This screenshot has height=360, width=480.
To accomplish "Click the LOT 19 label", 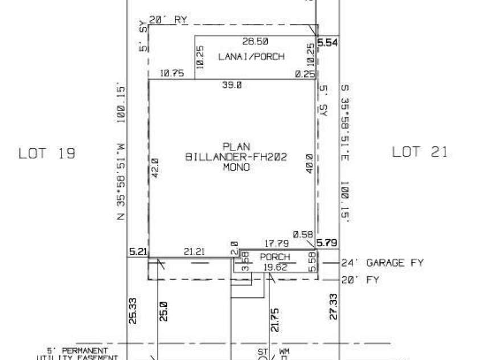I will click(47, 153).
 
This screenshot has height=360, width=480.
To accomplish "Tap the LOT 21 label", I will click(420, 152).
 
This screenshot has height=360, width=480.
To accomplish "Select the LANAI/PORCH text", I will click(251, 56).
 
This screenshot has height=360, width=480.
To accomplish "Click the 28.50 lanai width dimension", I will click(256, 42).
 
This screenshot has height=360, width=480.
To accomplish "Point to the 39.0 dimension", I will click(232, 84).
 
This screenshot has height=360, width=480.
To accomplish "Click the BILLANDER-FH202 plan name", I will click(236, 157).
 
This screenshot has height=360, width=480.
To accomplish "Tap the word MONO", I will click(236, 167).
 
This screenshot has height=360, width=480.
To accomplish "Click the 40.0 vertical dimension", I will click(309, 165).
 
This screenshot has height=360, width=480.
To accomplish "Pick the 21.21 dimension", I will click(195, 250).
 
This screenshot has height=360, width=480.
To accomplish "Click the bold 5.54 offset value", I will click(329, 42).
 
